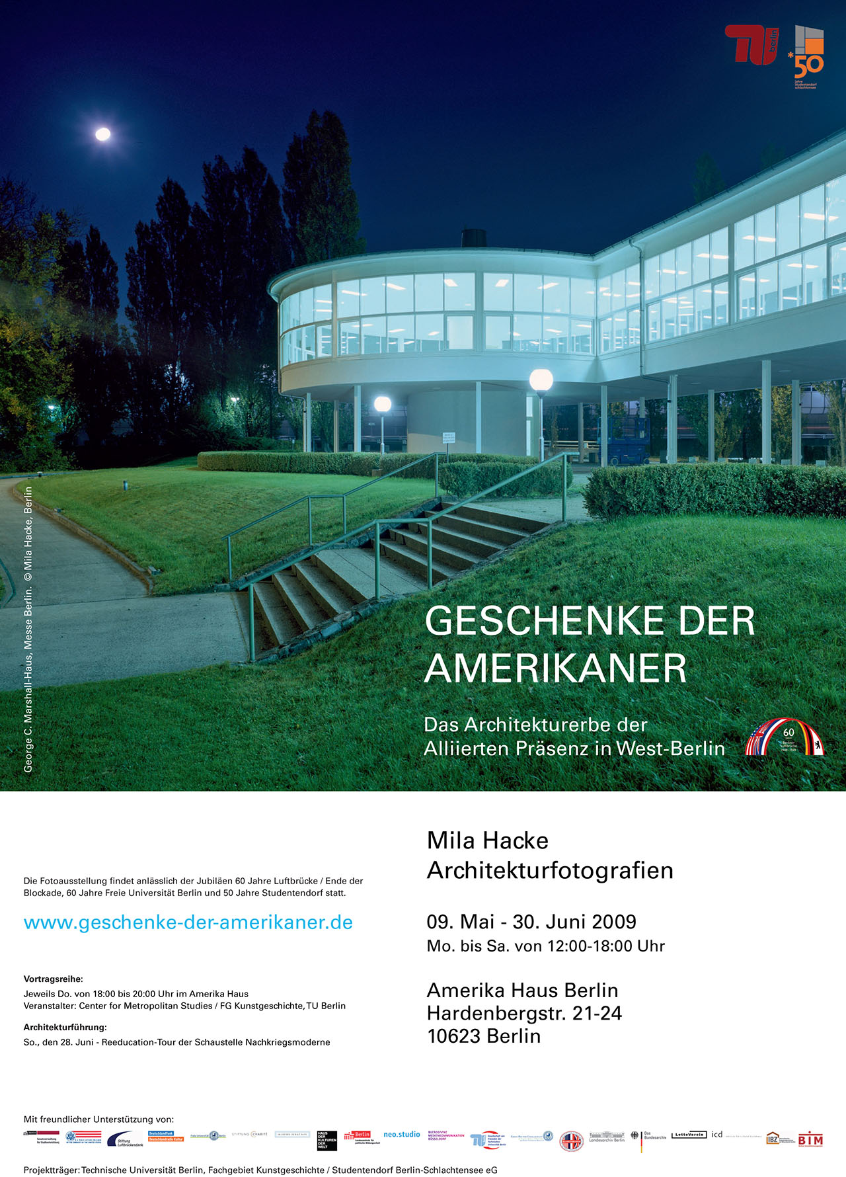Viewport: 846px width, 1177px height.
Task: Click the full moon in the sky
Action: pos(103,134)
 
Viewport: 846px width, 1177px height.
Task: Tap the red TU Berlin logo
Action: pos(751,45)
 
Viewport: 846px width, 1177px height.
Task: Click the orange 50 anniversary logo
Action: pos(808,58)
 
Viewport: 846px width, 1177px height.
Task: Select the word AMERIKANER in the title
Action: pos(555,669)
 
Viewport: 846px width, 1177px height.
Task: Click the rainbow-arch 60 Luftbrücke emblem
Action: pos(785,738)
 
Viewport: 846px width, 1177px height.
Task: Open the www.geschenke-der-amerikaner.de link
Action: pos(188,922)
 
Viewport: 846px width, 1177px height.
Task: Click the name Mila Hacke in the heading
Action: pos(488,840)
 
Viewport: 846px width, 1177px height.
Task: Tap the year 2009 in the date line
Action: pos(614,922)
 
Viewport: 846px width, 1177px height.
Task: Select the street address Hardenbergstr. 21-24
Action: pos(524,1013)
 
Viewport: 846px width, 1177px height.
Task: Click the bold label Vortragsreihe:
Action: pos(54,979)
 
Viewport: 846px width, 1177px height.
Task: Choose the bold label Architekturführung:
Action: pos(65,1028)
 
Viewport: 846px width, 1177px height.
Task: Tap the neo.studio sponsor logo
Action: pos(402,1135)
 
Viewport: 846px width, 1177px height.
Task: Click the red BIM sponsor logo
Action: pos(810,1140)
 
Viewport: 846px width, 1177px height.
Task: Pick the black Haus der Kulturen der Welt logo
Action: pos(327,1141)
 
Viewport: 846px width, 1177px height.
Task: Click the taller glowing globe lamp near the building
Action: pos(541,380)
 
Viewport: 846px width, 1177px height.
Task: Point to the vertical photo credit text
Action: pos(28,629)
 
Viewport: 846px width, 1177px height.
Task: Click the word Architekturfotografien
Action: pos(550,870)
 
